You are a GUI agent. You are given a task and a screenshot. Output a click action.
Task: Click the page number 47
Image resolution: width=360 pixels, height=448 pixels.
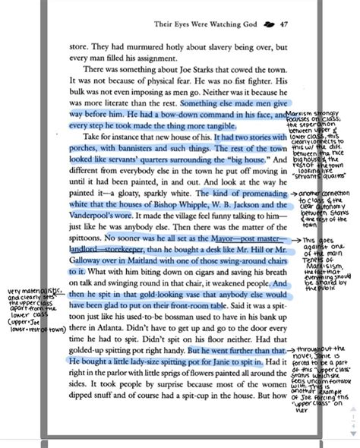284,24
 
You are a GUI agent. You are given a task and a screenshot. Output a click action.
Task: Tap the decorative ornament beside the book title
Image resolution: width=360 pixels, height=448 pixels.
267,24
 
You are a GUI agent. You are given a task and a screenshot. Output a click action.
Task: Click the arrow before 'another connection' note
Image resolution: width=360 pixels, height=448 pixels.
295,195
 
